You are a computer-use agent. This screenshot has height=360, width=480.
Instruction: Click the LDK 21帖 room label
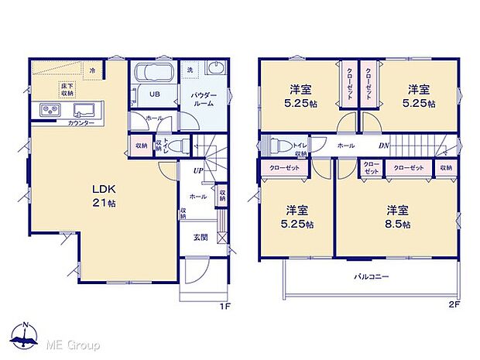pyautogui.click(x=105, y=195)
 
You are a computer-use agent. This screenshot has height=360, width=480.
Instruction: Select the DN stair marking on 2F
pyautogui.click(x=382, y=146)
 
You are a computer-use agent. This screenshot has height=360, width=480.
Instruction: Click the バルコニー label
pyautogui.click(x=372, y=276)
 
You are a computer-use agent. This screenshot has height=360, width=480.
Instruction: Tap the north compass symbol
pyautogui.click(x=26, y=337)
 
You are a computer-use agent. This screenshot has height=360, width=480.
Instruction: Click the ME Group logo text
pyautogui.click(x=72, y=343)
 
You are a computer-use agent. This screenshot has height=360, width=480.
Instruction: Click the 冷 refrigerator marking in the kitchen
pyautogui.click(x=92, y=70)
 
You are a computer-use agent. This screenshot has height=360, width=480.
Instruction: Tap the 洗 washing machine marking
pyautogui.click(x=189, y=70)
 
